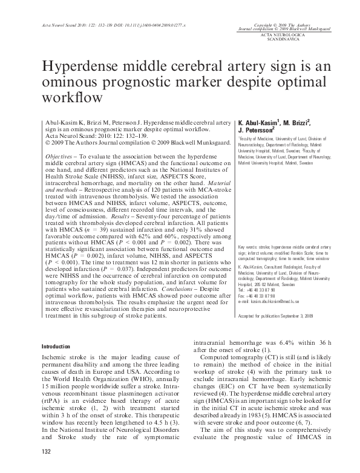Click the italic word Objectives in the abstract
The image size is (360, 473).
[60, 155]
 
